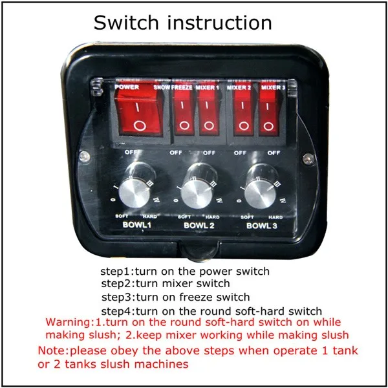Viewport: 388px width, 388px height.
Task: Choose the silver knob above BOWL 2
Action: click(197, 195)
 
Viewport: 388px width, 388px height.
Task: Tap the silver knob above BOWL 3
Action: click(260, 195)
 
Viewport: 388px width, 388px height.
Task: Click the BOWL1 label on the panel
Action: click(136, 224)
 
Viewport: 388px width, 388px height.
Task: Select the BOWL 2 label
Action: click(199, 226)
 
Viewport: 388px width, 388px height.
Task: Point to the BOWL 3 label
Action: click(261, 226)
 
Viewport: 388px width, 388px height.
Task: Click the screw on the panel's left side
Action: click(84, 156)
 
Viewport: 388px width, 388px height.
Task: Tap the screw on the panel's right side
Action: click(308, 158)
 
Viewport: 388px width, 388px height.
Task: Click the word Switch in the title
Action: click(126, 23)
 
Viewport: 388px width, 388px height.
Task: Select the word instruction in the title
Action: click(220, 23)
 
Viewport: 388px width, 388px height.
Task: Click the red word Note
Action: click(52, 350)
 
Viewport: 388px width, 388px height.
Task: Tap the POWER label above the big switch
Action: click(127, 87)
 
